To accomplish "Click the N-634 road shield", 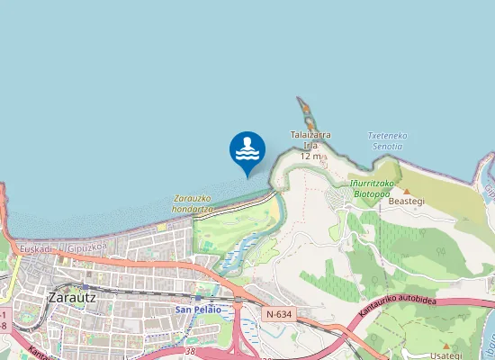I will tap(279, 313).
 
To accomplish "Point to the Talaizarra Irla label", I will tap(310, 139).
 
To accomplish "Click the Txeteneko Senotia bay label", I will tap(386, 140).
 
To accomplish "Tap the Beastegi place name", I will tap(406, 202).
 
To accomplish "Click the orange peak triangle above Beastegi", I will tap(406, 191).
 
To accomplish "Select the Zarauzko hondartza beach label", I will tap(193, 203).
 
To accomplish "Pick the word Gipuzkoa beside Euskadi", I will tap(86, 246).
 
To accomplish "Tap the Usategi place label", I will tap(447, 355).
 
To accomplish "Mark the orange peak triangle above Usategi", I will tap(447, 345).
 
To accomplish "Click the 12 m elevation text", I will tap(310, 156).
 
